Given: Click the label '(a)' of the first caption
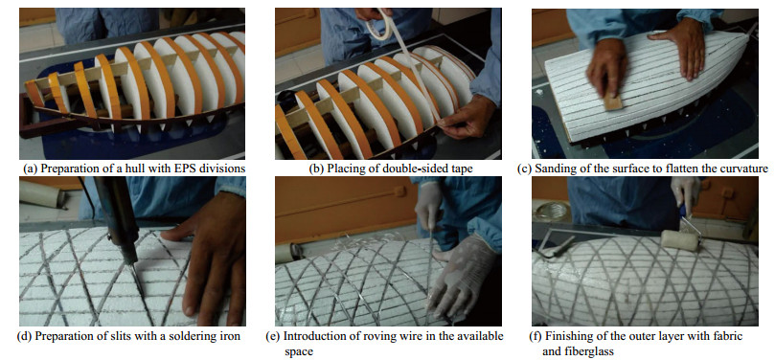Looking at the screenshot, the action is (31, 169).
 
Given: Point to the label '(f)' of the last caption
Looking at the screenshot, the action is (536, 337).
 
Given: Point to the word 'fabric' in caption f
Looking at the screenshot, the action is (730, 337).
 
